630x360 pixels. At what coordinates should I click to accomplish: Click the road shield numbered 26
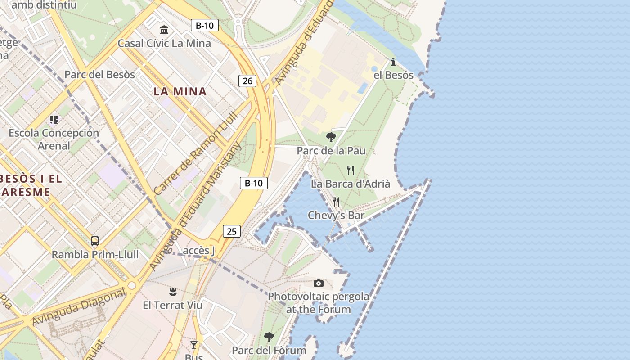point(247,81)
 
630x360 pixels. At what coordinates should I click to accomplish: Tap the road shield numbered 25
point(231,232)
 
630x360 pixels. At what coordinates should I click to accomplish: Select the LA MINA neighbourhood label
point(180,92)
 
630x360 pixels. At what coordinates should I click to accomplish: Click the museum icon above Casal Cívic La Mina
point(164,30)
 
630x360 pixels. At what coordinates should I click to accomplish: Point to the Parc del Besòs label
point(99,75)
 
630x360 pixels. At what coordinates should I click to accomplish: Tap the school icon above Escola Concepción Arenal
point(54,120)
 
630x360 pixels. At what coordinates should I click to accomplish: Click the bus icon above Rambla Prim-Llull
point(95,241)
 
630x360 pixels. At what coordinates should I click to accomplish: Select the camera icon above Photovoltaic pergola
point(319,283)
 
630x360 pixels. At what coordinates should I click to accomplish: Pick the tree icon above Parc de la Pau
point(331,137)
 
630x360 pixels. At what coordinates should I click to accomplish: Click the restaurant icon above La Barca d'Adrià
point(351,171)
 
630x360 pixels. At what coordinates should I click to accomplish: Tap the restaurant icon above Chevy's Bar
point(336,202)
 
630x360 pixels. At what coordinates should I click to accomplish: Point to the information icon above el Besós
point(393,62)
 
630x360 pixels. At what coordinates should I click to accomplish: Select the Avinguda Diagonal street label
point(79,307)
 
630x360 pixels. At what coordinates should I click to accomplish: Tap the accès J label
point(199,251)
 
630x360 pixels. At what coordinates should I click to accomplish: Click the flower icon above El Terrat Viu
point(173,292)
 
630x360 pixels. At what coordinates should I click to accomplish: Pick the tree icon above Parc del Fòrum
point(269,337)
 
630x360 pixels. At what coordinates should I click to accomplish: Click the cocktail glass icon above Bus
point(194,345)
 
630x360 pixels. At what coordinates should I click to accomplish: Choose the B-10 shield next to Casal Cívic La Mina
point(205,25)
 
